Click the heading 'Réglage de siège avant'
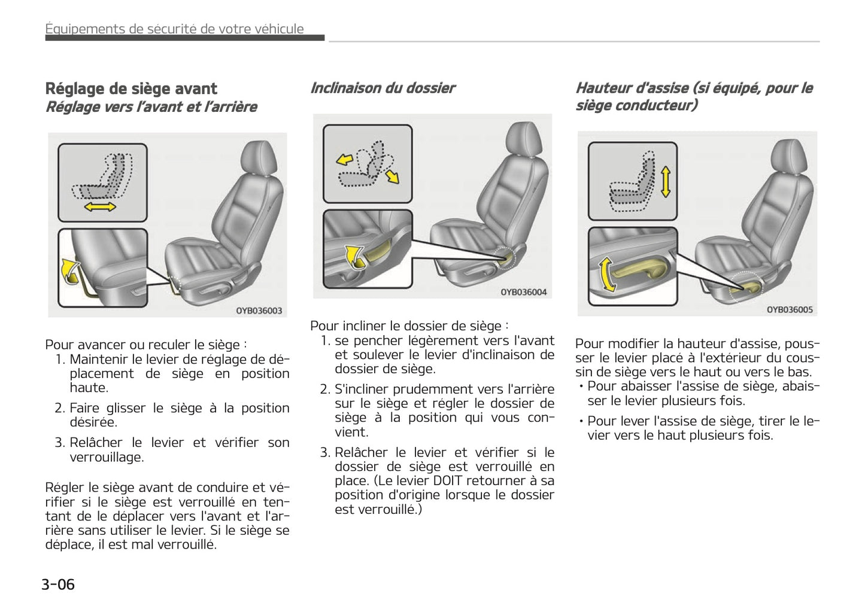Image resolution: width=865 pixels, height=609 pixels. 131,89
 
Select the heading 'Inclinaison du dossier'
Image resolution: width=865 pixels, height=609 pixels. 383,88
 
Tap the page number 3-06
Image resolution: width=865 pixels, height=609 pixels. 58,584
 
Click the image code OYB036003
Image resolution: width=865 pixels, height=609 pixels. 259,310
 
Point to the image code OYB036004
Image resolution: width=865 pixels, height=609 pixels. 523,292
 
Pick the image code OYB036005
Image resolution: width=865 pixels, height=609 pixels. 789,309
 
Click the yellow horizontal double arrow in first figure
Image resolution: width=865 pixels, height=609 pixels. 99,207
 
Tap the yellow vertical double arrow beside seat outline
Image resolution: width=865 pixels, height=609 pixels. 665,182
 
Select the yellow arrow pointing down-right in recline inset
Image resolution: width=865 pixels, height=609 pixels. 392,176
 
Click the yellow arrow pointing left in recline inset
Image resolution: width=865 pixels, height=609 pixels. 344,160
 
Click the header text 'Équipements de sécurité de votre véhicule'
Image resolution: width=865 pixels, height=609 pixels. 175,29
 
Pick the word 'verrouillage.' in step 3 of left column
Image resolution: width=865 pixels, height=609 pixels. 107,457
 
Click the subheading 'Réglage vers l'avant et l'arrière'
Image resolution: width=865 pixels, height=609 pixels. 151,107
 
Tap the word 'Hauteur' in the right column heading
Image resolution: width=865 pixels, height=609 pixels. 602,88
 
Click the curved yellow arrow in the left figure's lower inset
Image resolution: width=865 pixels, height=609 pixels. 71,270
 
